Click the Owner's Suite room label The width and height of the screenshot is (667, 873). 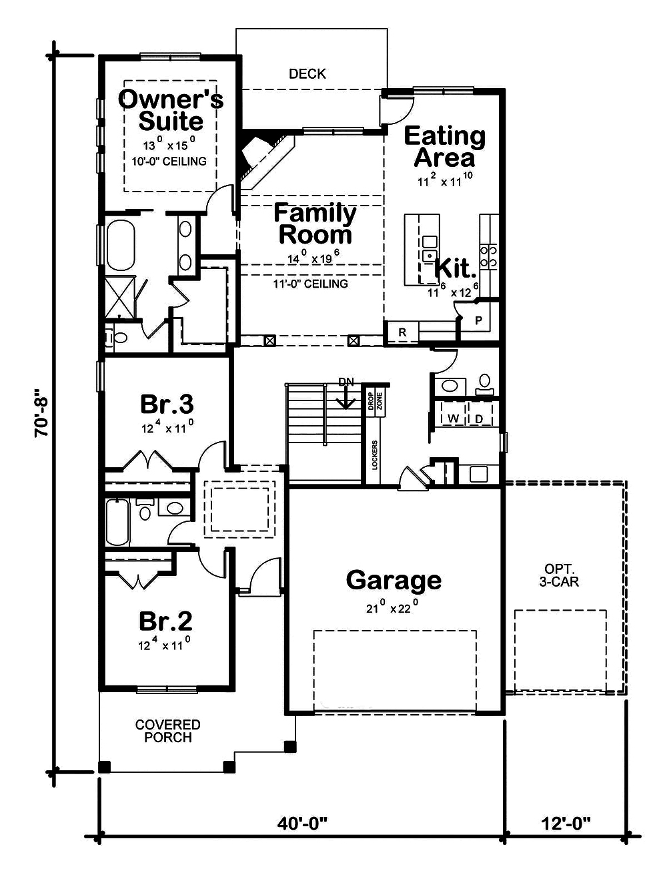coord(171,110)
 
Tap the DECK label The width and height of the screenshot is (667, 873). coord(307,73)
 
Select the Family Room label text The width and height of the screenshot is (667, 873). coord(315,224)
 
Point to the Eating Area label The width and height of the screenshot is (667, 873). coord(445,147)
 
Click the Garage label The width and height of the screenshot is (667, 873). coord(394,580)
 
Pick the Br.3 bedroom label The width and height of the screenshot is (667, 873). coord(167,404)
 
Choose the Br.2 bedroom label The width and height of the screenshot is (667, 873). coord(165,621)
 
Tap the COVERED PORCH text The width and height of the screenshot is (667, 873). coord(167,731)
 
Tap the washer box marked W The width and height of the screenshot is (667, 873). coord(453,418)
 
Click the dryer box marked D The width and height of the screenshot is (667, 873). coord(479,418)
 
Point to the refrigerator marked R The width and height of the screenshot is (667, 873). coord(402,332)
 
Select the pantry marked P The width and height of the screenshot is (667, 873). coord(478,320)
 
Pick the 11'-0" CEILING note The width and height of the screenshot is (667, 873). coord(311,284)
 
